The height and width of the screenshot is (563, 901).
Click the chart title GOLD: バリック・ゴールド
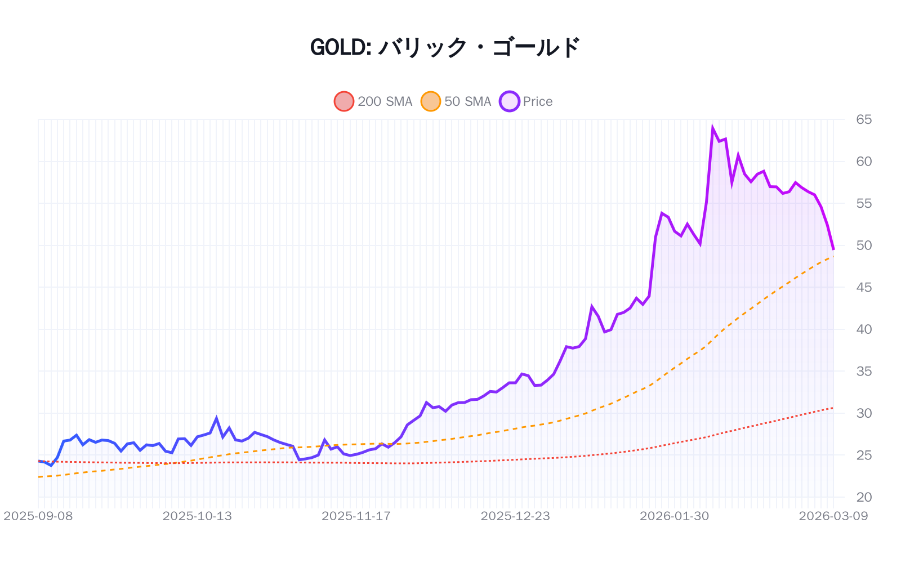[x=445, y=47]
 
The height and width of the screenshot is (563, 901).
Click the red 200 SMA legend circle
[x=344, y=101]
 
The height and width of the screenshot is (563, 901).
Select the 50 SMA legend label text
[x=467, y=101]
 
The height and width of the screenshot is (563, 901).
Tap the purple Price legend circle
[x=510, y=101]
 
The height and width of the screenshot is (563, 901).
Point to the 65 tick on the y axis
[x=863, y=119]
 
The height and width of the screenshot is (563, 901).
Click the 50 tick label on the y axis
[x=863, y=245]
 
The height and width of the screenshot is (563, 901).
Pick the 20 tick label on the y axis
[x=863, y=497]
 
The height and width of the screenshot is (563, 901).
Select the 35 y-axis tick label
[x=863, y=371]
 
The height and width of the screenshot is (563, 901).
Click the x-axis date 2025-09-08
[x=38, y=516]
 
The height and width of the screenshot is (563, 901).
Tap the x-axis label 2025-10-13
[x=197, y=516]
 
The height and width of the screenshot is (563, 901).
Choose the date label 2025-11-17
[x=356, y=516]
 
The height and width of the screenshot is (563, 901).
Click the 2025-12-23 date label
[x=515, y=516]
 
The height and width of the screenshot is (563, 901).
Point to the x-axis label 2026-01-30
[x=674, y=516]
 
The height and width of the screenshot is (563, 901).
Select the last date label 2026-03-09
[x=833, y=516]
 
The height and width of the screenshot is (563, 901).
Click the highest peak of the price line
[x=713, y=128]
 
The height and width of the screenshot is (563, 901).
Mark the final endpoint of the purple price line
[x=833, y=249]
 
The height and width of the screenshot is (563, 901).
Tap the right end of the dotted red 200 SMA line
[x=833, y=408]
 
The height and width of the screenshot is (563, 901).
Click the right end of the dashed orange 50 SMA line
[x=833, y=257]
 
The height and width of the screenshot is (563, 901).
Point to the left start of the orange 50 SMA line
[x=38, y=477]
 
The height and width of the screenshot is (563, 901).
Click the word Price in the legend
[x=537, y=101]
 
